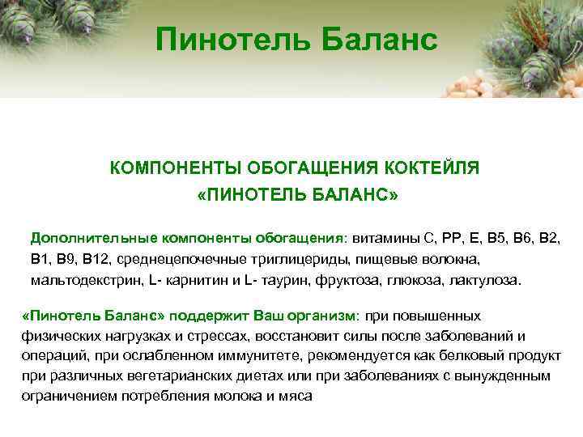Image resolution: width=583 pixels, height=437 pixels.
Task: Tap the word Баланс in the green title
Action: tap(373, 37)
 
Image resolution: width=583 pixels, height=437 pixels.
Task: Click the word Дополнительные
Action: tap(94, 239)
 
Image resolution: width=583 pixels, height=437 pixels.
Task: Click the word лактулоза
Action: tap(490, 281)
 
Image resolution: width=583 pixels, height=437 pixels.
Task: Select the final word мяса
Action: tap(296, 397)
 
